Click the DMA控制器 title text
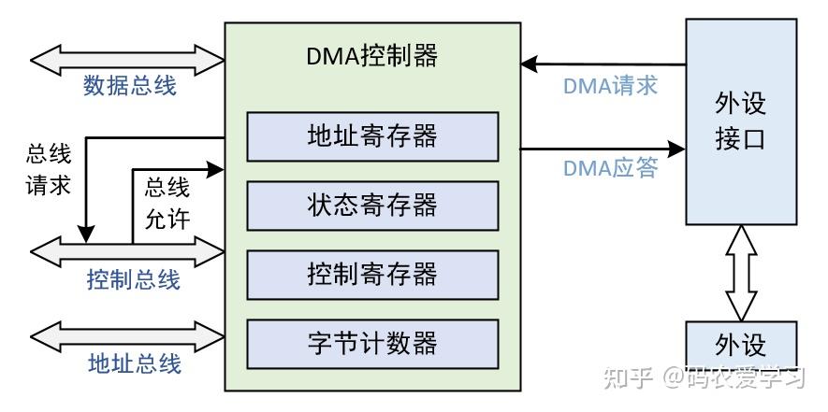[x=372, y=56]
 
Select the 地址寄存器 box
[x=372, y=136]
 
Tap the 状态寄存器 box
[x=372, y=205]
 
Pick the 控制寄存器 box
[x=372, y=274]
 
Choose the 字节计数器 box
[x=372, y=343]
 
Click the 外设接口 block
[x=740, y=121]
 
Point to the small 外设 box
[x=740, y=346]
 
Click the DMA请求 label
[x=610, y=86]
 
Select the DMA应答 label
[x=610, y=168]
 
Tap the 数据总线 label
[x=130, y=86]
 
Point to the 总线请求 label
[x=49, y=169]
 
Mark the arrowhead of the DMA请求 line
[x=530, y=64]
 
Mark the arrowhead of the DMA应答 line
[x=677, y=148]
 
